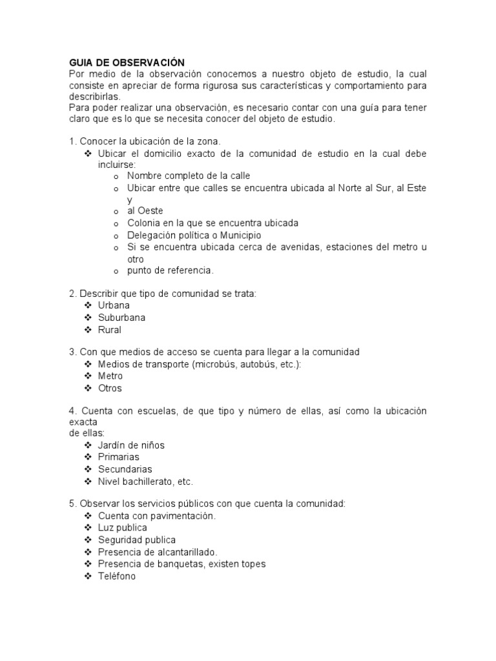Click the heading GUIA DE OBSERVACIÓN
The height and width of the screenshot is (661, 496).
point(127,63)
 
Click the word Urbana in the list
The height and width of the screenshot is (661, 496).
point(114,305)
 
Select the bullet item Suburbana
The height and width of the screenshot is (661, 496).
point(121,318)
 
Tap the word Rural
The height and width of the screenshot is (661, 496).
point(109,330)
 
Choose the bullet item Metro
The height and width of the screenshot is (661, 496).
point(110,376)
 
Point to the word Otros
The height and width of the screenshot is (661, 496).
point(110,389)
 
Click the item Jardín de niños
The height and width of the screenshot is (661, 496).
point(131,445)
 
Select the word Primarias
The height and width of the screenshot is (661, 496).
point(118,457)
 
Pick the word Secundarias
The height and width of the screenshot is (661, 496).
point(125,469)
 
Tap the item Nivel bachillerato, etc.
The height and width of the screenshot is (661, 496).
point(145,482)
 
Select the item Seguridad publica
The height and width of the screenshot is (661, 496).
point(136,540)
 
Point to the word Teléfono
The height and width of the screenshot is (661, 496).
point(117,576)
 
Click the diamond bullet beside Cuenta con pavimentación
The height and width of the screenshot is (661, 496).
point(88,516)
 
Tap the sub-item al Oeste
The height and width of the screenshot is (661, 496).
point(145,211)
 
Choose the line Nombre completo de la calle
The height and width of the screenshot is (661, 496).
point(188,176)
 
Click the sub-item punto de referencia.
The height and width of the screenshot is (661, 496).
point(170,270)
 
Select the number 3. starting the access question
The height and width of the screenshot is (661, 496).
point(73,352)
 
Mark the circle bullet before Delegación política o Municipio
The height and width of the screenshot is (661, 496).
point(116,236)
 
